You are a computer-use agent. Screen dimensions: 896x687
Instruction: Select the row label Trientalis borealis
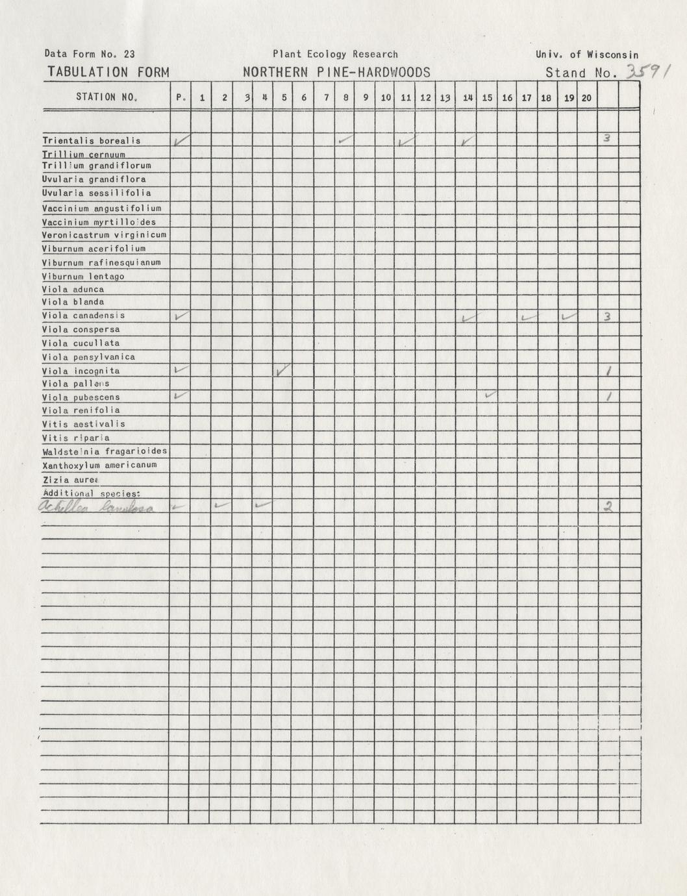pos(92,140)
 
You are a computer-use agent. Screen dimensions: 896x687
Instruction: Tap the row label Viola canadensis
pos(84,316)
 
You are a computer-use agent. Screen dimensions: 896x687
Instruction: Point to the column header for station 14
pos(467,98)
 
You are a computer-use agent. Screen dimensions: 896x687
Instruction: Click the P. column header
pos(181,98)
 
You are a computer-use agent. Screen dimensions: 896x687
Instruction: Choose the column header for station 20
pos(586,98)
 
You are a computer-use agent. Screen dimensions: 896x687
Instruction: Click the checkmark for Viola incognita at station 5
pos(282,371)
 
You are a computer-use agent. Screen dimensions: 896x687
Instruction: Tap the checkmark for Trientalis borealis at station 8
pos(345,139)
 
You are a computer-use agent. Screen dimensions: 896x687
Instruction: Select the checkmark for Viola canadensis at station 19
pos(569,316)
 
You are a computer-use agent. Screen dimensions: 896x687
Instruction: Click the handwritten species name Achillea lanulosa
pos(97,508)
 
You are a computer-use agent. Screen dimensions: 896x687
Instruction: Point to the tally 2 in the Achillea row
pos(608,507)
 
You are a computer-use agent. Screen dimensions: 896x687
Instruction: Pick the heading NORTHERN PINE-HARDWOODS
pos(336,73)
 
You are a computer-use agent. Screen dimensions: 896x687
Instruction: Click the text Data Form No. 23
pos(90,55)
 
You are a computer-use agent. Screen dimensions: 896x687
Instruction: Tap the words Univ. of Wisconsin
pos(587,55)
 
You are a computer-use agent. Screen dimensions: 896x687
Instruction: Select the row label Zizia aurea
pos(70,479)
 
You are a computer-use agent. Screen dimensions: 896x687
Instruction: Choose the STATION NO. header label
pos(106,97)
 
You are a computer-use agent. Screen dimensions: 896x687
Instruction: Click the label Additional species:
pos(92,493)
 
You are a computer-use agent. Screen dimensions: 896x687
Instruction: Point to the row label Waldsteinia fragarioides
pos(105,451)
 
